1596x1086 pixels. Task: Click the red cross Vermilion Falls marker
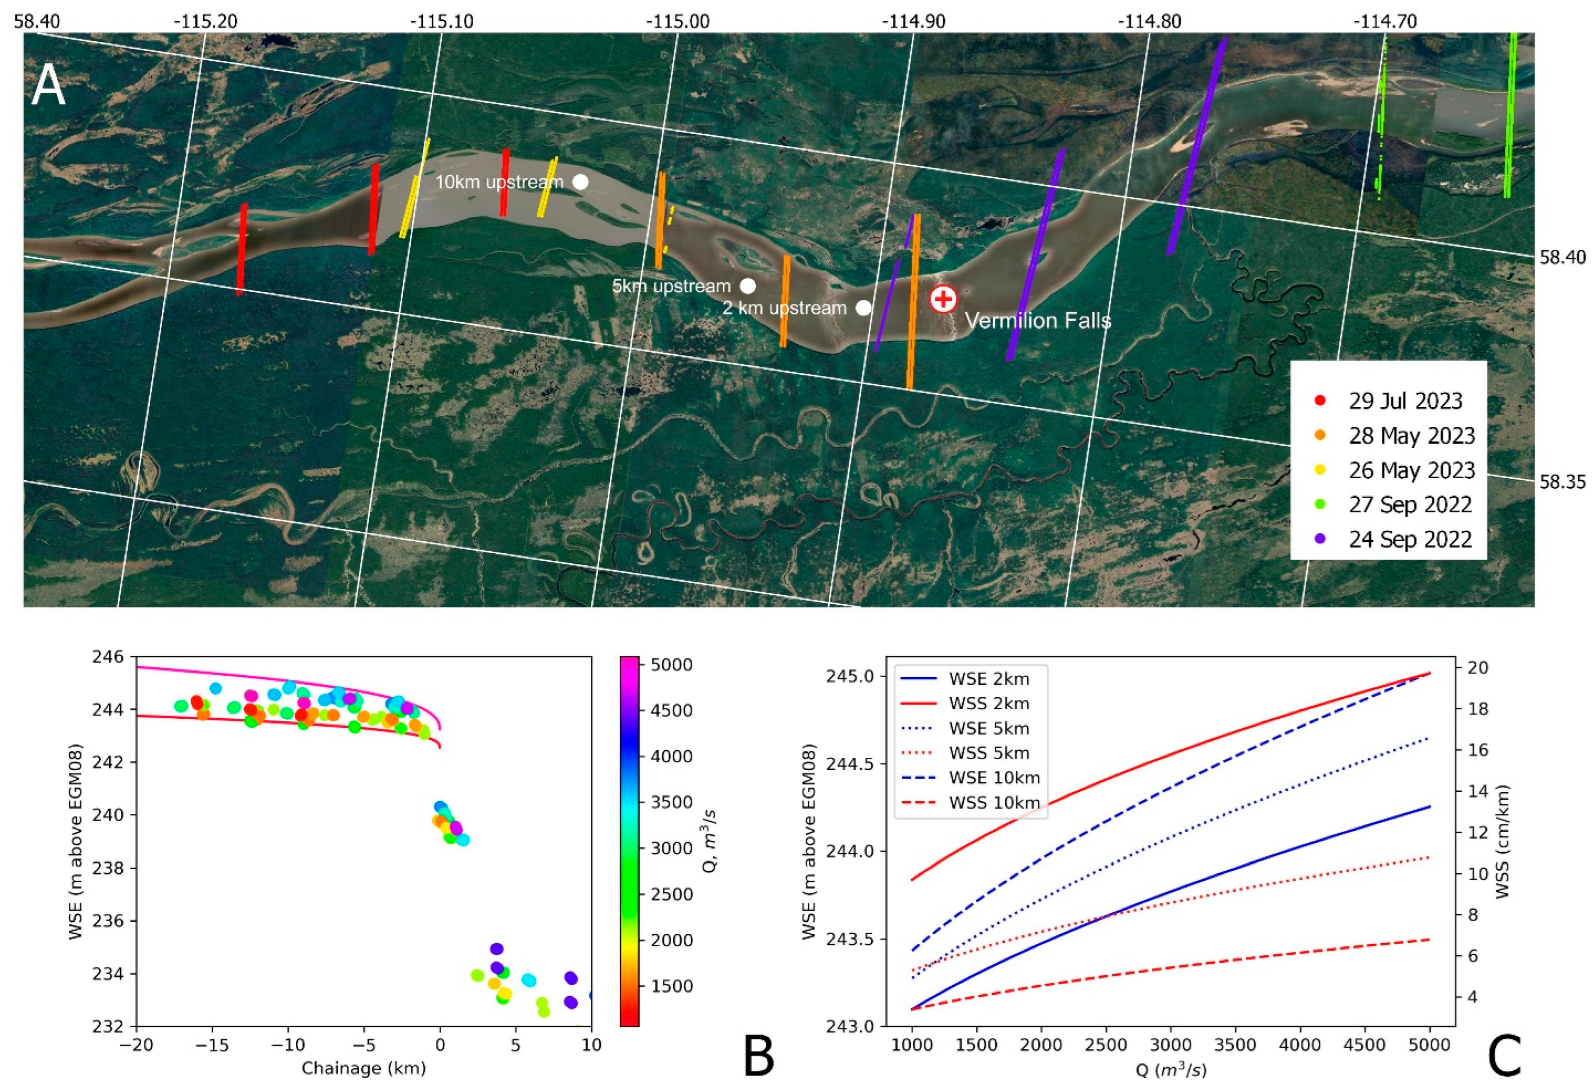[943, 299]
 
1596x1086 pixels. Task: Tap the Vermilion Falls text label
[1038, 320]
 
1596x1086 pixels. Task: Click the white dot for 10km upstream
[580, 182]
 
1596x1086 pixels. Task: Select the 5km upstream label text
[671, 286]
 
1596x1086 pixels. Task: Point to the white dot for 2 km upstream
[863, 308]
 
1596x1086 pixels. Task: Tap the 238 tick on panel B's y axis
[114, 868]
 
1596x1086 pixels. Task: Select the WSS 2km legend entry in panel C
[988, 704]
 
